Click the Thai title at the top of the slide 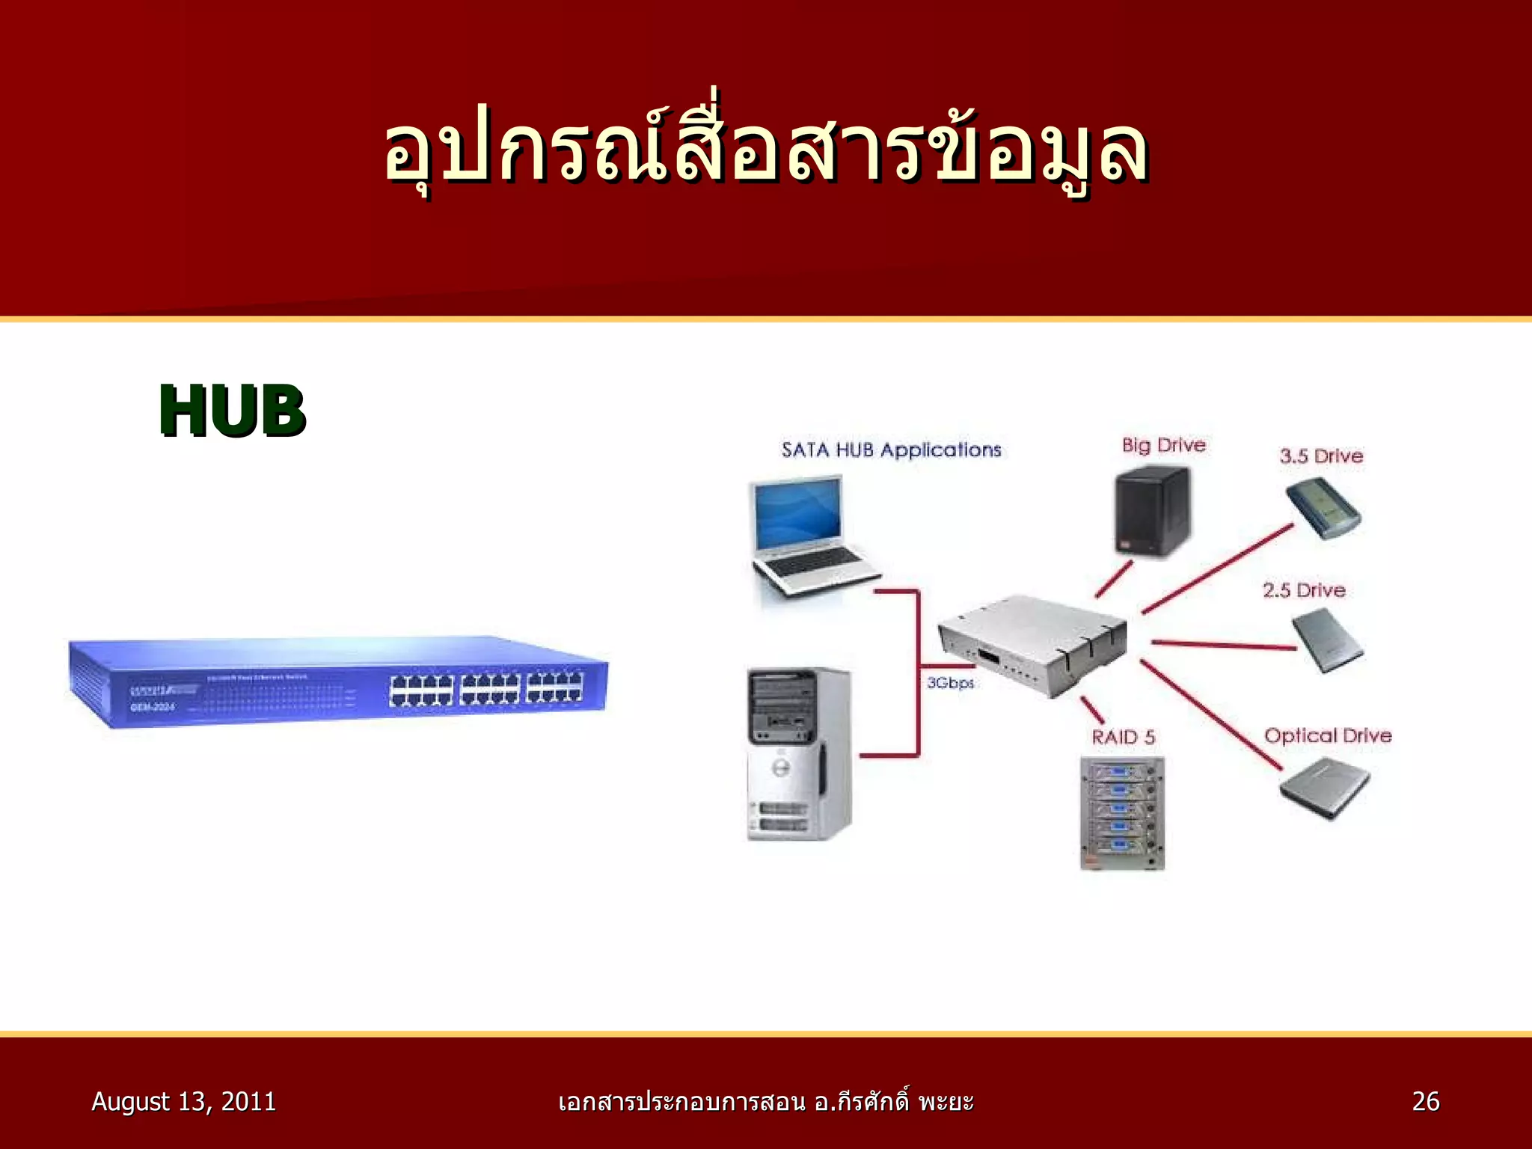tap(766, 150)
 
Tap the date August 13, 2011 tap(183, 1101)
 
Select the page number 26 tap(1425, 1101)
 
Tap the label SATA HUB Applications tap(891, 450)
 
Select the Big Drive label tap(1163, 446)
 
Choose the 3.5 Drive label tap(1321, 456)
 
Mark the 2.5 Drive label tap(1304, 590)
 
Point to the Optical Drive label tap(1328, 735)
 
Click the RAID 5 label tap(1123, 737)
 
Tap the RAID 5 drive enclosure tap(1122, 813)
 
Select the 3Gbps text tap(950, 683)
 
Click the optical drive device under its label tap(1324, 789)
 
